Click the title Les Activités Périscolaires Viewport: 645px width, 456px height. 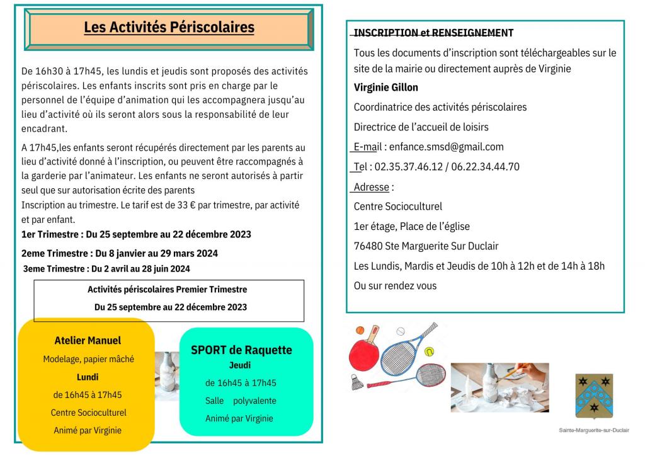tap(169, 28)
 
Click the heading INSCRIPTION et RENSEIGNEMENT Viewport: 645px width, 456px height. tap(433, 33)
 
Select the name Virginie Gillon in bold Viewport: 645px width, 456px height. tap(385, 88)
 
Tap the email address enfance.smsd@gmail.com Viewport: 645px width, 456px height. tap(447, 147)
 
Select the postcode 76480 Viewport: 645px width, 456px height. tap(368, 246)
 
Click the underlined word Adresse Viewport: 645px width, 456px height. tap(371, 187)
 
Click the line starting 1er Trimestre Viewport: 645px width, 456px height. tap(136, 234)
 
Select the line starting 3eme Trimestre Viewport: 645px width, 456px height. tap(106, 268)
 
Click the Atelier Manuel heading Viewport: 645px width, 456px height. tap(88, 341)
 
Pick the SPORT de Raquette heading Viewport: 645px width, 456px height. tap(241, 350)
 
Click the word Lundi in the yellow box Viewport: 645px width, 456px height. tap(88, 377)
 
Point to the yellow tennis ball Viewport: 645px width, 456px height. tap(430, 351)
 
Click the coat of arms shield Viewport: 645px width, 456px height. tap(593, 395)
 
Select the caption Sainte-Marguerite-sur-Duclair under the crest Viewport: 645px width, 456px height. tap(593, 430)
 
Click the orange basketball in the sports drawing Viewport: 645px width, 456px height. tap(360, 330)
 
